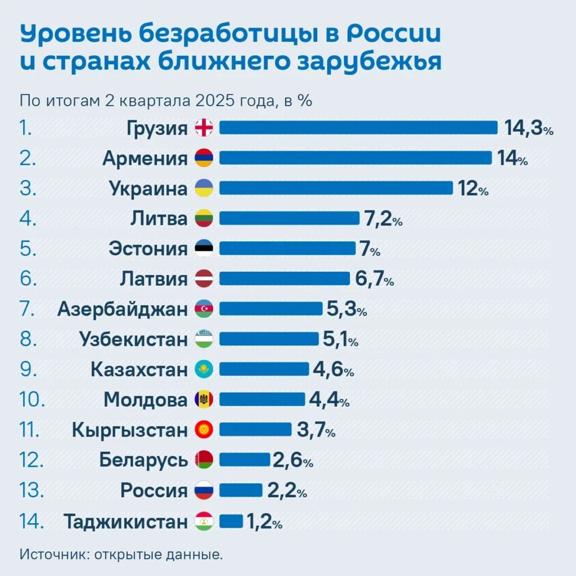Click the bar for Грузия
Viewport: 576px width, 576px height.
coord(358,128)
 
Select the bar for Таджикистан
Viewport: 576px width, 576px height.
coord(231,521)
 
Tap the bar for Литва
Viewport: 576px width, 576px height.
coord(289,218)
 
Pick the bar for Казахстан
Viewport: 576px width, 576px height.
coord(264,370)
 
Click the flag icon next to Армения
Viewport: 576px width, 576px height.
coord(204,158)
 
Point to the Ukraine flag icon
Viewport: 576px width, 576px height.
coord(204,188)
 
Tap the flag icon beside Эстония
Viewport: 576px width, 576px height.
coord(204,249)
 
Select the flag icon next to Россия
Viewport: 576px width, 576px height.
coord(204,490)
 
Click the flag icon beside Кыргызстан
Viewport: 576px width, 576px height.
coord(204,430)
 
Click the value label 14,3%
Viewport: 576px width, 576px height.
coord(529,128)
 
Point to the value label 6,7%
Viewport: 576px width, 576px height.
coord(374,279)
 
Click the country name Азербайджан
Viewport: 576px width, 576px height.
coord(122,309)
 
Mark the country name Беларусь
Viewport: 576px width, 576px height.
coord(143,460)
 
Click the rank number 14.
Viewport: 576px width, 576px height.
coord(31,521)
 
